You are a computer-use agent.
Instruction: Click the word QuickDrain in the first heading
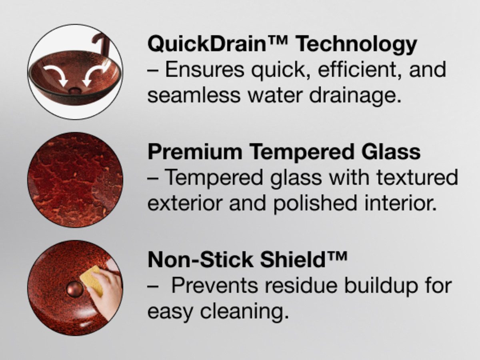pyautogui.click(x=207, y=44)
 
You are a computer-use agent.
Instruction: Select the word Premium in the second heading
pyautogui.click(x=195, y=152)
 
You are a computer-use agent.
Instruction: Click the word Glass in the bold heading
pyautogui.click(x=391, y=151)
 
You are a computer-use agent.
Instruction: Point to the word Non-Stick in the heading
pyautogui.click(x=200, y=259)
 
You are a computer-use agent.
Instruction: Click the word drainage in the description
pyautogui.click(x=355, y=96)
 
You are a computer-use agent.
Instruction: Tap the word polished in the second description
pyautogui.click(x=315, y=204)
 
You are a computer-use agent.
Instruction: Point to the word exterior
pyautogui.click(x=185, y=204)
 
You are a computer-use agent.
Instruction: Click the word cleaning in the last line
pyautogui.click(x=244, y=312)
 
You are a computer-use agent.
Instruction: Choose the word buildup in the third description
pyautogui.click(x=381, y=286)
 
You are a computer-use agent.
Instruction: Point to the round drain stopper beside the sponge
pyautogui.click(x=75, y=289)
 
